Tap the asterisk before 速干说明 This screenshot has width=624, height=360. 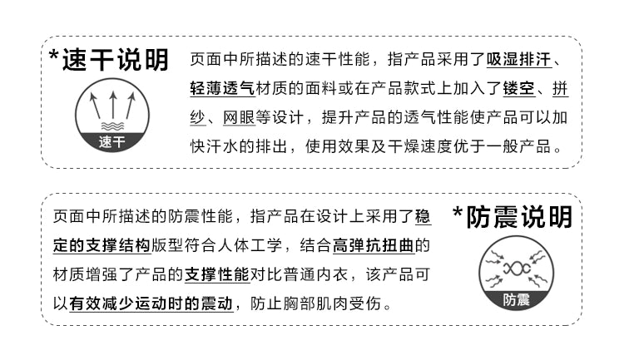point(54,58)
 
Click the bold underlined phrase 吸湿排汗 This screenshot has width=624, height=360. point(518,61)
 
